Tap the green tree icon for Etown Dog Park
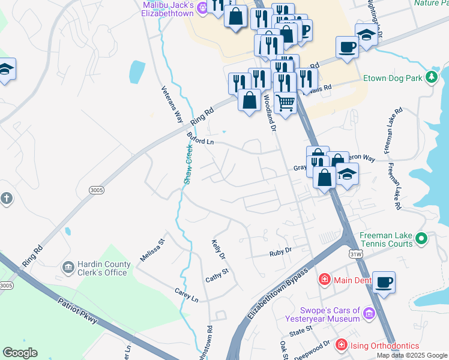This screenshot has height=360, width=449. tap(430, 77)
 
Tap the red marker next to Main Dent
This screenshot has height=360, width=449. tap(324, 279)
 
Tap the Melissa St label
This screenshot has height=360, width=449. tap(152, 250)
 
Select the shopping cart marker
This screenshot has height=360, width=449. tap(286, 103)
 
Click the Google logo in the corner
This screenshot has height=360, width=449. tap(20, 353)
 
